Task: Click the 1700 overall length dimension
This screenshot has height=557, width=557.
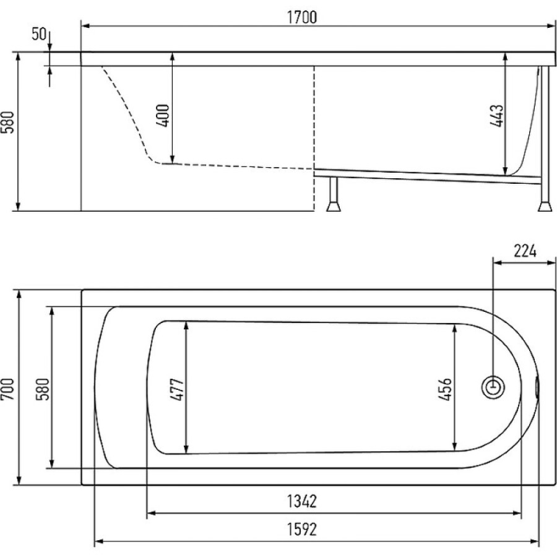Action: (301, 17)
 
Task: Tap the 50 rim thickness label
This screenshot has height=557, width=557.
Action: (39, 34)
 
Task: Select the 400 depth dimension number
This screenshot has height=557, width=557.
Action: (163, 116)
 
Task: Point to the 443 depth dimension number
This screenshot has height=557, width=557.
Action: (496, 116)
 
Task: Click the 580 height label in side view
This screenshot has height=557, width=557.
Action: (8, 122)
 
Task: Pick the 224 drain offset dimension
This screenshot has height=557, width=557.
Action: (525, 251)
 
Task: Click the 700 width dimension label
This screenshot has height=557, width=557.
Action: (8, 389)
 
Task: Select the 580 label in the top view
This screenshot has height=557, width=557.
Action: (43, 389)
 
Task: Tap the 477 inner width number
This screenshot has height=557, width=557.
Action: (177, 390)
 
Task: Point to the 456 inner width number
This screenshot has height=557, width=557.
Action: (445, 389)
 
